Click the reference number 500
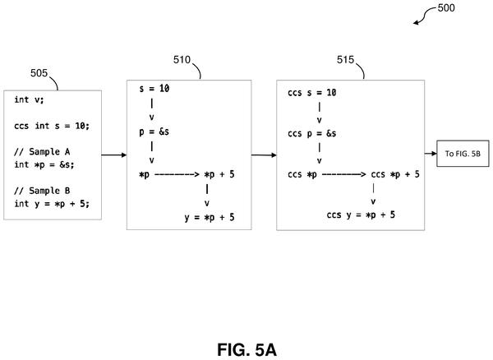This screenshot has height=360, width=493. pos(446,8)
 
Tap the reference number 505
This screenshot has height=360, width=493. pos(39,73)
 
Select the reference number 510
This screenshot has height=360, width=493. pos(182,60)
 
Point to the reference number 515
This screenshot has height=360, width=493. pos(346,60)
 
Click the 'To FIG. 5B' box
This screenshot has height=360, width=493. pos(463,154)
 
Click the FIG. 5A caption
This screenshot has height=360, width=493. pos(246,349)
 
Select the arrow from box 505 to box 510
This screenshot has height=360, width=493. pos(114,155)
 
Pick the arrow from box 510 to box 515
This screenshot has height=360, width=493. pos(264,155)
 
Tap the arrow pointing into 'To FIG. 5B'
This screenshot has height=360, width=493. pos(431,154)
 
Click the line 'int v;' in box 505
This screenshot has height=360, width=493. pos(29,99)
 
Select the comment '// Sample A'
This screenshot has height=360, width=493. pos(42,151)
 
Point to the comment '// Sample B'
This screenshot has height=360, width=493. pos(42,191)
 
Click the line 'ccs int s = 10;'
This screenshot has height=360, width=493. pos(52,126)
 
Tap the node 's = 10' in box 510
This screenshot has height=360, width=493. pos(154,88)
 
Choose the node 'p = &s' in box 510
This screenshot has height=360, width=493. pos(154,132)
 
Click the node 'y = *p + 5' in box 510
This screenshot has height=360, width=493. pos(210,217)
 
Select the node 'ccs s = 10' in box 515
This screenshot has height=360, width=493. pos(312,92)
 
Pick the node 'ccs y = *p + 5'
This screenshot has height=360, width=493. pos(361,215)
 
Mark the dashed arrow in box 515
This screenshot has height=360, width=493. pos(344,174)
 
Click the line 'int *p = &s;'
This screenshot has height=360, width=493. pos(44,164)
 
